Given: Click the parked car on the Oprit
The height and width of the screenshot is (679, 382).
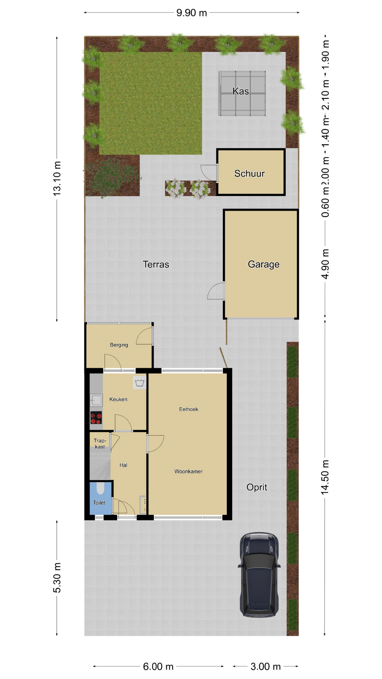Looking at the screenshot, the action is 259,575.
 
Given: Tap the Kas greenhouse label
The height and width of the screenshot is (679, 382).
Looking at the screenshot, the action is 241,91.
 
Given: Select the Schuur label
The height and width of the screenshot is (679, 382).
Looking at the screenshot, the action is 249,173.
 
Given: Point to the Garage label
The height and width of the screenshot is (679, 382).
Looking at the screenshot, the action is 264,264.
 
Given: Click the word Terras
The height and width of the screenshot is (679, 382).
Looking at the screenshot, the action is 156,264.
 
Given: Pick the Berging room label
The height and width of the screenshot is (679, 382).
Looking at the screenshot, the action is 119,345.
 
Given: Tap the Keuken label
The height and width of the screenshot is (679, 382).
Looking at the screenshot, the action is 118,399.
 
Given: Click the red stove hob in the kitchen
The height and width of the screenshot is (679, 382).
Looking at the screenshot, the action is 96,418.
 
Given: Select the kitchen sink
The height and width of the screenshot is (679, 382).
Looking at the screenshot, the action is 96,400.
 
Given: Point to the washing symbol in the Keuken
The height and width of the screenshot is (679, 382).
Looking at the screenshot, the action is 140,383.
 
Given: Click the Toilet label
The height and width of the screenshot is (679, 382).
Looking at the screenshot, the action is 99,503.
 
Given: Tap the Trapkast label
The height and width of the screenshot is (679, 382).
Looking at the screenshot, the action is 100,443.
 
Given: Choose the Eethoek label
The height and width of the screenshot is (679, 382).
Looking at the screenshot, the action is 189,409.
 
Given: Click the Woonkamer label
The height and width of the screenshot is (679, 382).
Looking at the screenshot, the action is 189,471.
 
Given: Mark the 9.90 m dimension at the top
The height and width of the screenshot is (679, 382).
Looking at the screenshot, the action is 191,13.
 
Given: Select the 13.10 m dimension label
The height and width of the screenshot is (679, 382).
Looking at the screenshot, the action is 57,179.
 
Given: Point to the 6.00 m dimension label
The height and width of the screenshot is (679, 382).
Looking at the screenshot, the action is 158,667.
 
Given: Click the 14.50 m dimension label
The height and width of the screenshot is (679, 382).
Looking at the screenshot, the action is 325,477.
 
